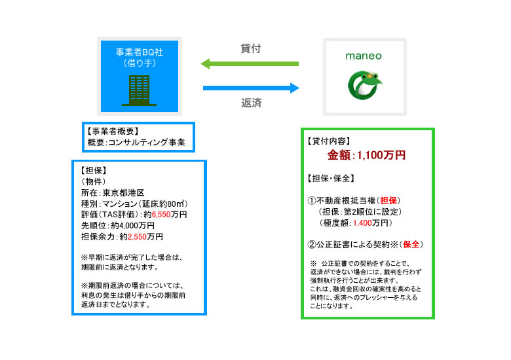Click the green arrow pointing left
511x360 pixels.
click(x=250, y=64)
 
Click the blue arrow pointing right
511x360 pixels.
click(x=250, y=88)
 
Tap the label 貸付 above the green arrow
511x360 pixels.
click(x=251, y=48)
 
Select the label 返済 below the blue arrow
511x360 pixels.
click(x=251, y=103)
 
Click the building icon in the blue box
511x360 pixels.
click(x=138, y=90)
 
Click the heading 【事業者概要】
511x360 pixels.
click(x=113, y=131)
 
